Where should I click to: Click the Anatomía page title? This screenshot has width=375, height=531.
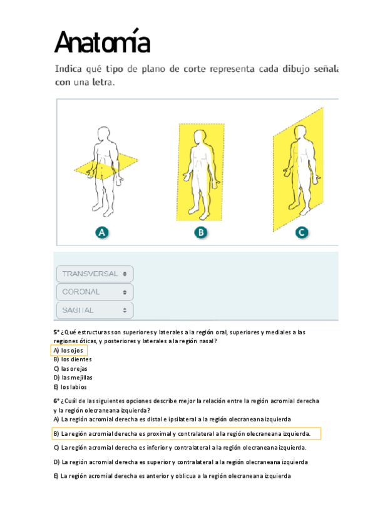[102, 41]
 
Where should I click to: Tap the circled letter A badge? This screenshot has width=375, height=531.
[102, 233]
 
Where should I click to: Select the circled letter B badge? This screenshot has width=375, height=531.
[201, 233]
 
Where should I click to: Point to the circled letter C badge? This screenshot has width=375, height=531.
[302, 233]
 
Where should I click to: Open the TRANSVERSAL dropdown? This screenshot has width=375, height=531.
[95, 274]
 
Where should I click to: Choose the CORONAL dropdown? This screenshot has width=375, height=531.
[95, 292]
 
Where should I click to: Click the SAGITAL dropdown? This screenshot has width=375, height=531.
[95, 310]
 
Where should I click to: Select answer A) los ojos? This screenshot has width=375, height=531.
[68, 351]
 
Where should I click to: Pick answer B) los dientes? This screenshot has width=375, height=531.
[73, 359]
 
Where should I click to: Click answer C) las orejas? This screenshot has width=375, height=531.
[70, 369]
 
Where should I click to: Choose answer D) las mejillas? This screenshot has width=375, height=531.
[73, 378]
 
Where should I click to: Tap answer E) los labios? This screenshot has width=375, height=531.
[70, 387]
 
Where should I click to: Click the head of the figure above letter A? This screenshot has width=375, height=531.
[103, 134]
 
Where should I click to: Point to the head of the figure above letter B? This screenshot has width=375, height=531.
[200, 136]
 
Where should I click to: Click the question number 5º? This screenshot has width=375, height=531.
[56, 333]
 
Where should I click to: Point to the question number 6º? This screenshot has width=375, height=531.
[56, 401]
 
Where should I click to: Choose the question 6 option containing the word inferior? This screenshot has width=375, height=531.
[180, 448]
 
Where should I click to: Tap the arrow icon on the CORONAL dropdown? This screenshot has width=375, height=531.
[125, 292]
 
